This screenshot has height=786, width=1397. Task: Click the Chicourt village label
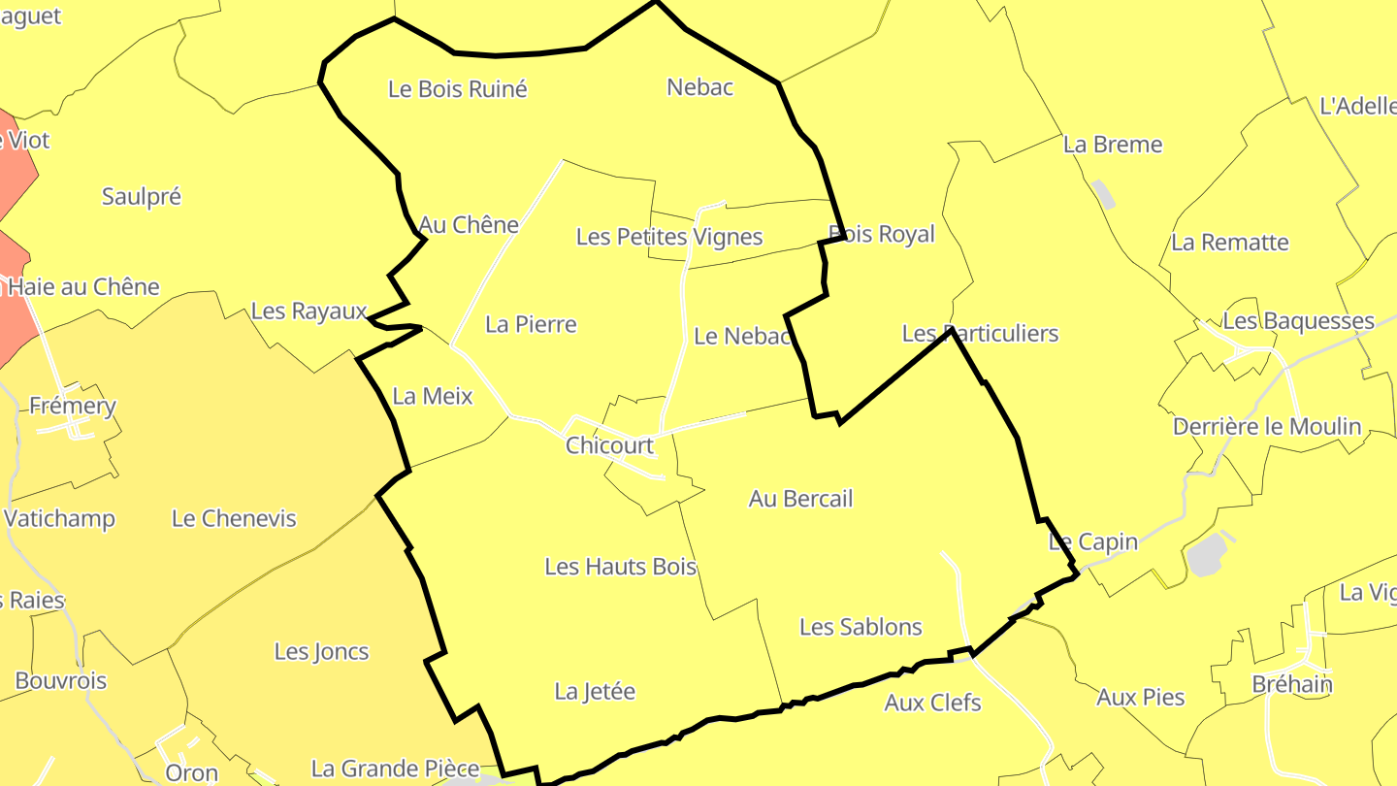pos(610,445)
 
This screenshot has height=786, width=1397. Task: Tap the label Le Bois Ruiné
pos(457,89)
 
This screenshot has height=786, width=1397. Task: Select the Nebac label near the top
pos(699,87)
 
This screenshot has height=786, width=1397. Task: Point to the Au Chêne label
pos(469,225)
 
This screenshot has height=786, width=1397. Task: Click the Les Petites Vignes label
pos(669,237)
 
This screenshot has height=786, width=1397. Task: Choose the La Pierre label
pos(531,324)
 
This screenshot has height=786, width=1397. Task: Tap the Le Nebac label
pos(743,337)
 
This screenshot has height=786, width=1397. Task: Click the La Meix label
pos(433,396)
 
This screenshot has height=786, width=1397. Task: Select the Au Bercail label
pos(800,499)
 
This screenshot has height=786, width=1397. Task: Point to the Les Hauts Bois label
pos(621,566)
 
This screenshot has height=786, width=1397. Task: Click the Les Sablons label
pos(861,627)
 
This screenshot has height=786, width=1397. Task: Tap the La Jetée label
pos(595,692)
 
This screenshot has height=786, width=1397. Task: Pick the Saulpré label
pos(142,197)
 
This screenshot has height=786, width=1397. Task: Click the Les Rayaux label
pos(309,311)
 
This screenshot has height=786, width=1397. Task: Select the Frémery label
pos(73,406)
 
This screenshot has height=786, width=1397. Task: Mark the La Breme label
pos(1113,145)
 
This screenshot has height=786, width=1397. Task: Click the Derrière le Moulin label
pos(1267,427)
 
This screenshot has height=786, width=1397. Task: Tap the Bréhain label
pos(1292,684)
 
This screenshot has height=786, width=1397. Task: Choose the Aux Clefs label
pos(932,703)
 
